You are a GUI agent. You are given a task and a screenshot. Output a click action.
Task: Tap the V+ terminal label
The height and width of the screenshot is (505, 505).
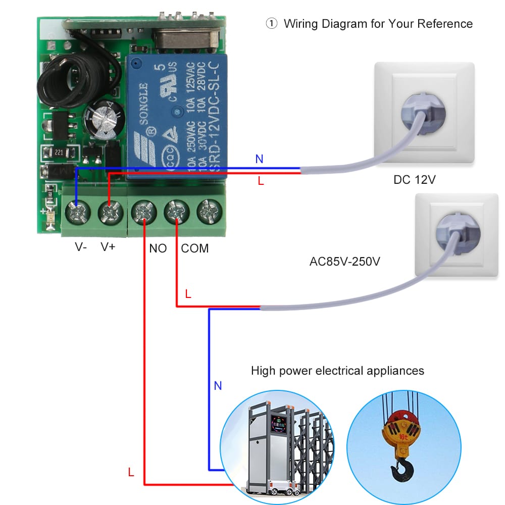point(108,247)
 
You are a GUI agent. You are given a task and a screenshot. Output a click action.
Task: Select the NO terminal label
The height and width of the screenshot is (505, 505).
point(158,248)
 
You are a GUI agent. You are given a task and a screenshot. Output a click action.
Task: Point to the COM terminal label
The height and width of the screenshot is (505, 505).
point(194,248)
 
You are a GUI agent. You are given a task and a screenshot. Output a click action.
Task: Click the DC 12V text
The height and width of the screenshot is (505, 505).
point(414,180)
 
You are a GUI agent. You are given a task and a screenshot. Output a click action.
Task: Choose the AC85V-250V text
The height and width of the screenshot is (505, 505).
point(344,263)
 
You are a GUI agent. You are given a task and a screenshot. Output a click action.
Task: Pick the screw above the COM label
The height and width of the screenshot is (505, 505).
point(177,212)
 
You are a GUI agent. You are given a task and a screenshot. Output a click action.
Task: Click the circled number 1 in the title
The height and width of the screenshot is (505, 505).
point(272,24)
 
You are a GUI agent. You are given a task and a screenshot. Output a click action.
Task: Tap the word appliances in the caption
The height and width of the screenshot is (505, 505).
point(394,371)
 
